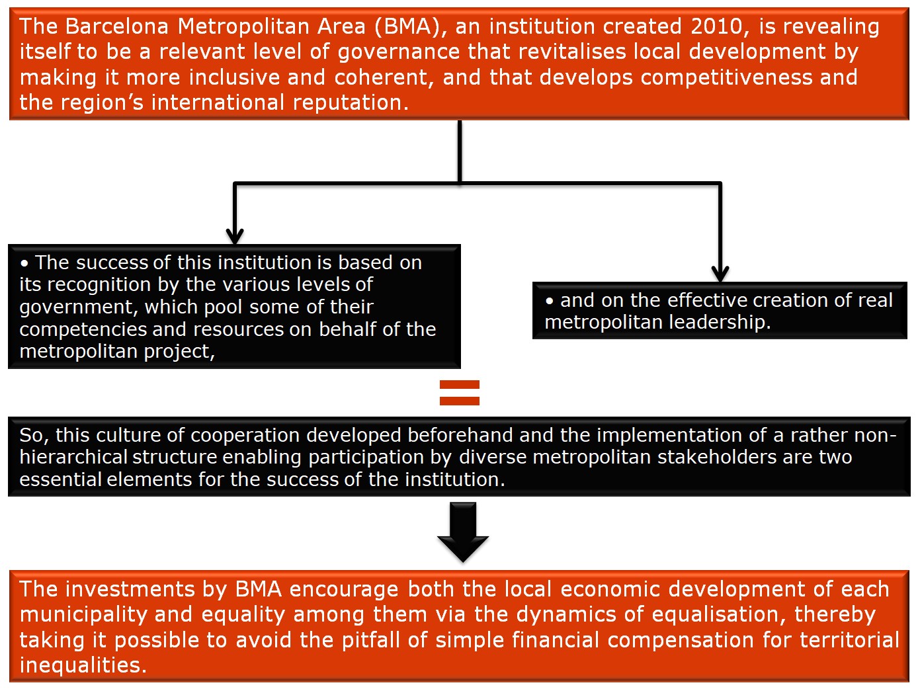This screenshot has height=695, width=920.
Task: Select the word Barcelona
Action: click(x=116, y=26)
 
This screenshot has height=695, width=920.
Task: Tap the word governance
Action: click(x=399, y=53)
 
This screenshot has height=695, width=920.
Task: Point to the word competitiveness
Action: click(x=726, y=77)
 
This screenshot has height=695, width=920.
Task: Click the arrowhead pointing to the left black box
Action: click(x=235, y=236)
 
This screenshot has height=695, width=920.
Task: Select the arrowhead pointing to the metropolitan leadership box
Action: click(x=720, y=274)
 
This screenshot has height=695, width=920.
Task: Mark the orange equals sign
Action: click(x=460, y=393)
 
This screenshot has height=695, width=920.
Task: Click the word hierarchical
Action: click(x=73, y=457)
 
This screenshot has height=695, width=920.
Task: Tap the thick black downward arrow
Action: click(x=463, y=532)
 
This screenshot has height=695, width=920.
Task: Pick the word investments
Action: click(x=130, y=590)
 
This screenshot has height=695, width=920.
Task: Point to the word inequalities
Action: click(x=83, y=666)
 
